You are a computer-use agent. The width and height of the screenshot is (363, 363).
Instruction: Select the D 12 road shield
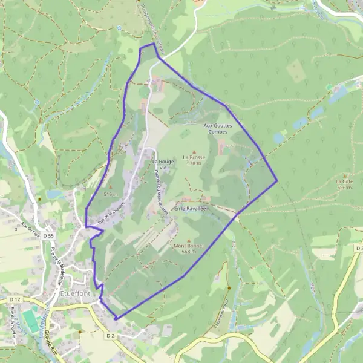coord(15,299)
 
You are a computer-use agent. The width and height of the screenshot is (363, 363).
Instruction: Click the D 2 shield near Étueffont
coord(110,335)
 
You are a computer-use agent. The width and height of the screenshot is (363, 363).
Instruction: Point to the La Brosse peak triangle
coord(194,152)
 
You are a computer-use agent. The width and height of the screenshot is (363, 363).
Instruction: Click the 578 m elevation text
coord(194,163)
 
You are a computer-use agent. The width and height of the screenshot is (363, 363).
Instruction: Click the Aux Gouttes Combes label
coord(217,128)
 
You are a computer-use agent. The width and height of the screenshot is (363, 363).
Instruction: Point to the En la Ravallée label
coord(190,208)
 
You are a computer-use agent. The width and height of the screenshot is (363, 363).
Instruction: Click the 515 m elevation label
coord(110,194)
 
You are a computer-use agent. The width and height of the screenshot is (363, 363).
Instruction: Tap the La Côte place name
coord(344,181)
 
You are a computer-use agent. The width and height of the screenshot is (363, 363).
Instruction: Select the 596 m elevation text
coord(344,188)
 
